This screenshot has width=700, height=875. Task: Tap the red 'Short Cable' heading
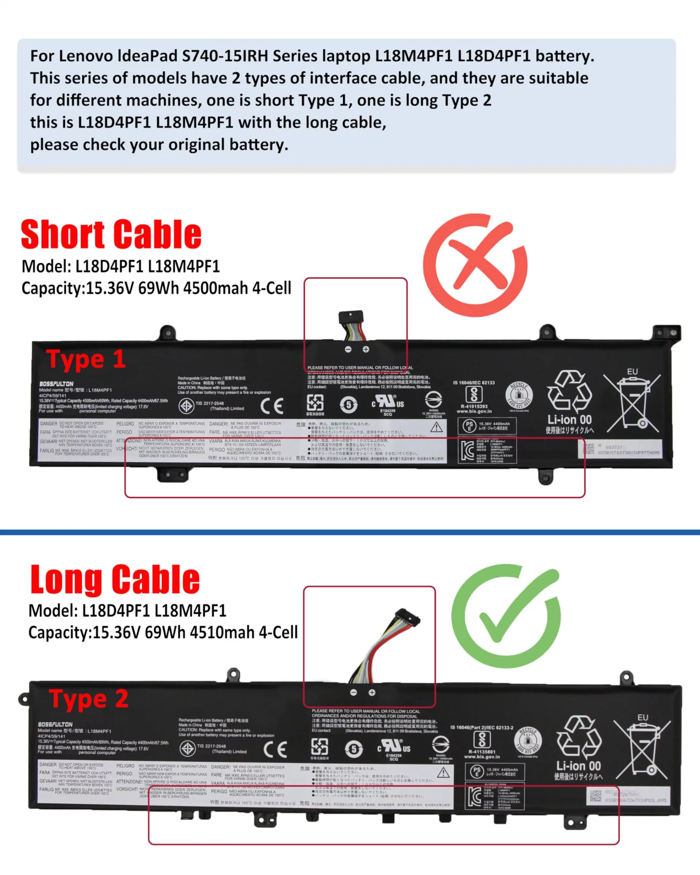[111, 234]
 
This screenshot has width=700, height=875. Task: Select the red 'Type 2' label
[89, 699]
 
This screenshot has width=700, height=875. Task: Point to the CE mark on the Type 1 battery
[272, 405]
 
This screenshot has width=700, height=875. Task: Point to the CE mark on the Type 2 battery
[275, 749]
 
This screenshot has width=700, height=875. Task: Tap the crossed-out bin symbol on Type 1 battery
[631, 403]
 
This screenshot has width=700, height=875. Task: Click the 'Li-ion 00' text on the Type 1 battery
[569, 420]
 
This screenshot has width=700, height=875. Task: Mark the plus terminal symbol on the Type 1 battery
[366, 349]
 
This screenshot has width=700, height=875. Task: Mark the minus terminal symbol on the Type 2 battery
[353, 693]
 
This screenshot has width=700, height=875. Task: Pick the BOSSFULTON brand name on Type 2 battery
[55, 725]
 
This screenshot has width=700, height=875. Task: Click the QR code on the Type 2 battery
[595, 796]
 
